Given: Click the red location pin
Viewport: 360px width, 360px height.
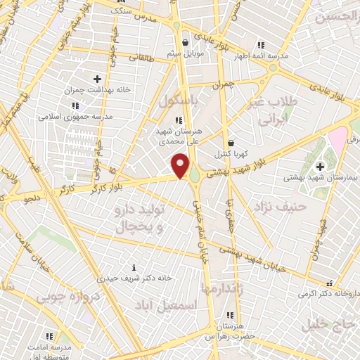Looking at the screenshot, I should (x=181, y=166).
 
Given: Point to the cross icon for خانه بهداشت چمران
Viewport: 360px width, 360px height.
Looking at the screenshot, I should (x=97, y=79).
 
